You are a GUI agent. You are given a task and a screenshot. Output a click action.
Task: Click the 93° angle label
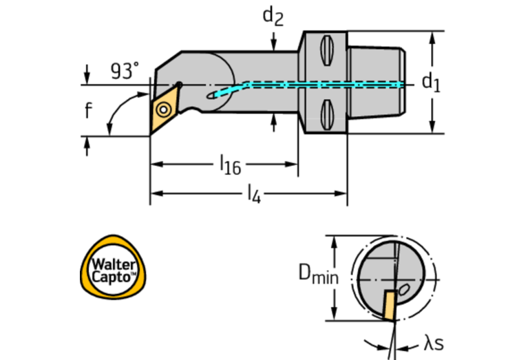(x=124, y=71)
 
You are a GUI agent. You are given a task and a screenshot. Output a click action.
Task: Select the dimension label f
(x=88, y=110)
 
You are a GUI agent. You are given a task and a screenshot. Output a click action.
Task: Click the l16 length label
(x=230, y=165)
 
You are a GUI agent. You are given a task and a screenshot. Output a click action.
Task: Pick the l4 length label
(x=253, y=194)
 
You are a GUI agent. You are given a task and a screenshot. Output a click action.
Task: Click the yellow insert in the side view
(x=164, y=108)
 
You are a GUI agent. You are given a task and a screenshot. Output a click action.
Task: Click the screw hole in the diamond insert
(x=164, y=109)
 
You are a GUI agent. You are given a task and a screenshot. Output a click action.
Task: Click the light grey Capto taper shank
(x=375, y=82)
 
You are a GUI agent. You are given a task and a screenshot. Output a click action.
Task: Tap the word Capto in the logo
(x=112, y=277)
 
